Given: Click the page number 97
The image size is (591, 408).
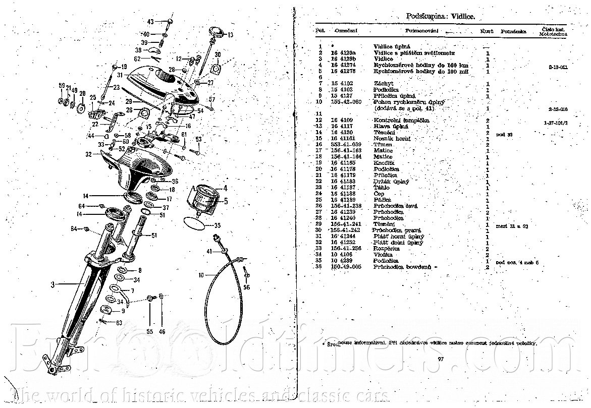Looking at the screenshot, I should tap(441, 359).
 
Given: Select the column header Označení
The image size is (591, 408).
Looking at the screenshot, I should tap(346, 31).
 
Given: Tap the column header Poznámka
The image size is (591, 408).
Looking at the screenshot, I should tap(513, 31).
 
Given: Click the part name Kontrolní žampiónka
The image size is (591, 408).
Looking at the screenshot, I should tap(394, 120).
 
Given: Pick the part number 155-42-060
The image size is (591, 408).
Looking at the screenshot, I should tap(346, 102).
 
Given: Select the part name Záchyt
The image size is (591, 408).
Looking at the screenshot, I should tap(384, 83).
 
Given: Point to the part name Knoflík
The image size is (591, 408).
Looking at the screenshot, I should tap(384, 163).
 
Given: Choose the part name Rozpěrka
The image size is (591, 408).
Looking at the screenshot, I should tap(387, 249).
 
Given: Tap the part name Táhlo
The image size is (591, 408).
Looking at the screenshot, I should tap(382, 188).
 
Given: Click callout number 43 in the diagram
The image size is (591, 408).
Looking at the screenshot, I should tap(150, 22).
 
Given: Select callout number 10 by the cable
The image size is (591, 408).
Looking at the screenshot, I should tap(200, 275).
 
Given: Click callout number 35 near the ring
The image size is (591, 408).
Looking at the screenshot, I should tap(218, 225).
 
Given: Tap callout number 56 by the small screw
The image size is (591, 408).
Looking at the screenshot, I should tap(246, 287).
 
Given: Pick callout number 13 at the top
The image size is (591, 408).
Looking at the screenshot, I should tap(230, 35).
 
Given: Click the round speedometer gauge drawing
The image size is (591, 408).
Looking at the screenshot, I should tap(206, 197).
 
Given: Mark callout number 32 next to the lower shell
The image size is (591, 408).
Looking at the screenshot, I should tap(89, 154).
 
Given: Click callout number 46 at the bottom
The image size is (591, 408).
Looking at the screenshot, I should tap(162, 331).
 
